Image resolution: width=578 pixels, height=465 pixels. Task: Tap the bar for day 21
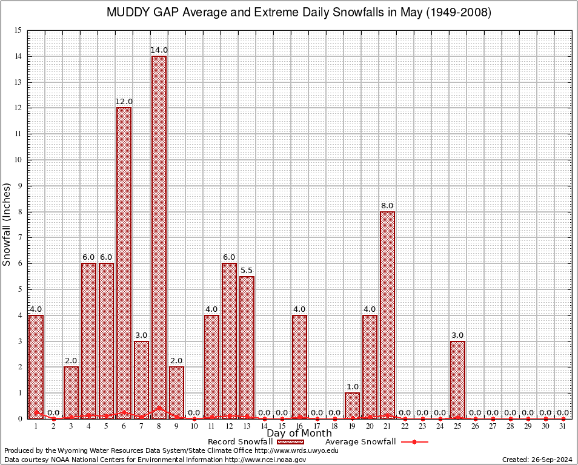pos(387,315)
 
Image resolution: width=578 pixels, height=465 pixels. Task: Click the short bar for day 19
pos(352,406)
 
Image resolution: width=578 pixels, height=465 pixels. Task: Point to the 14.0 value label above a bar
pos(159,50)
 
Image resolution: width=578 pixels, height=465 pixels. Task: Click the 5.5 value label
pos(247,270)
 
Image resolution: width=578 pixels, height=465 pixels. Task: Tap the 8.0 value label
pos(387,206)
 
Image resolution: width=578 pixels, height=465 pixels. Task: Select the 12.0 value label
pos(124,102)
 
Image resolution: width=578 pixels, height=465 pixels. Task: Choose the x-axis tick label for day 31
pos(563,426)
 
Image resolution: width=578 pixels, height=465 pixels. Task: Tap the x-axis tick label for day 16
pos(299,426)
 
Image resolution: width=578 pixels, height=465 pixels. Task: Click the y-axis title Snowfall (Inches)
pos(7,224)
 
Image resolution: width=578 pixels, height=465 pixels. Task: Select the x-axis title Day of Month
pos(299,434)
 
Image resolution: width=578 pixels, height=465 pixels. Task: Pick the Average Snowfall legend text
pos(360,442)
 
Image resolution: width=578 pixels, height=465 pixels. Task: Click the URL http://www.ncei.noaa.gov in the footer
pos(265,460)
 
